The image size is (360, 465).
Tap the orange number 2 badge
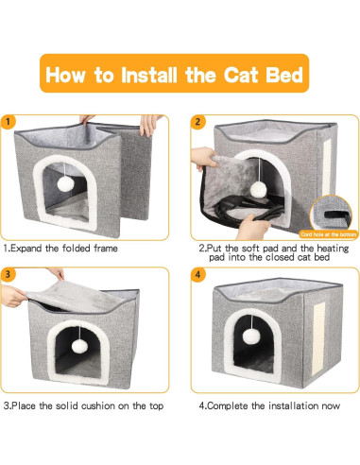(x=198, y=122)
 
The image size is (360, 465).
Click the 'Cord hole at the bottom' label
(x=328, y=232)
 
